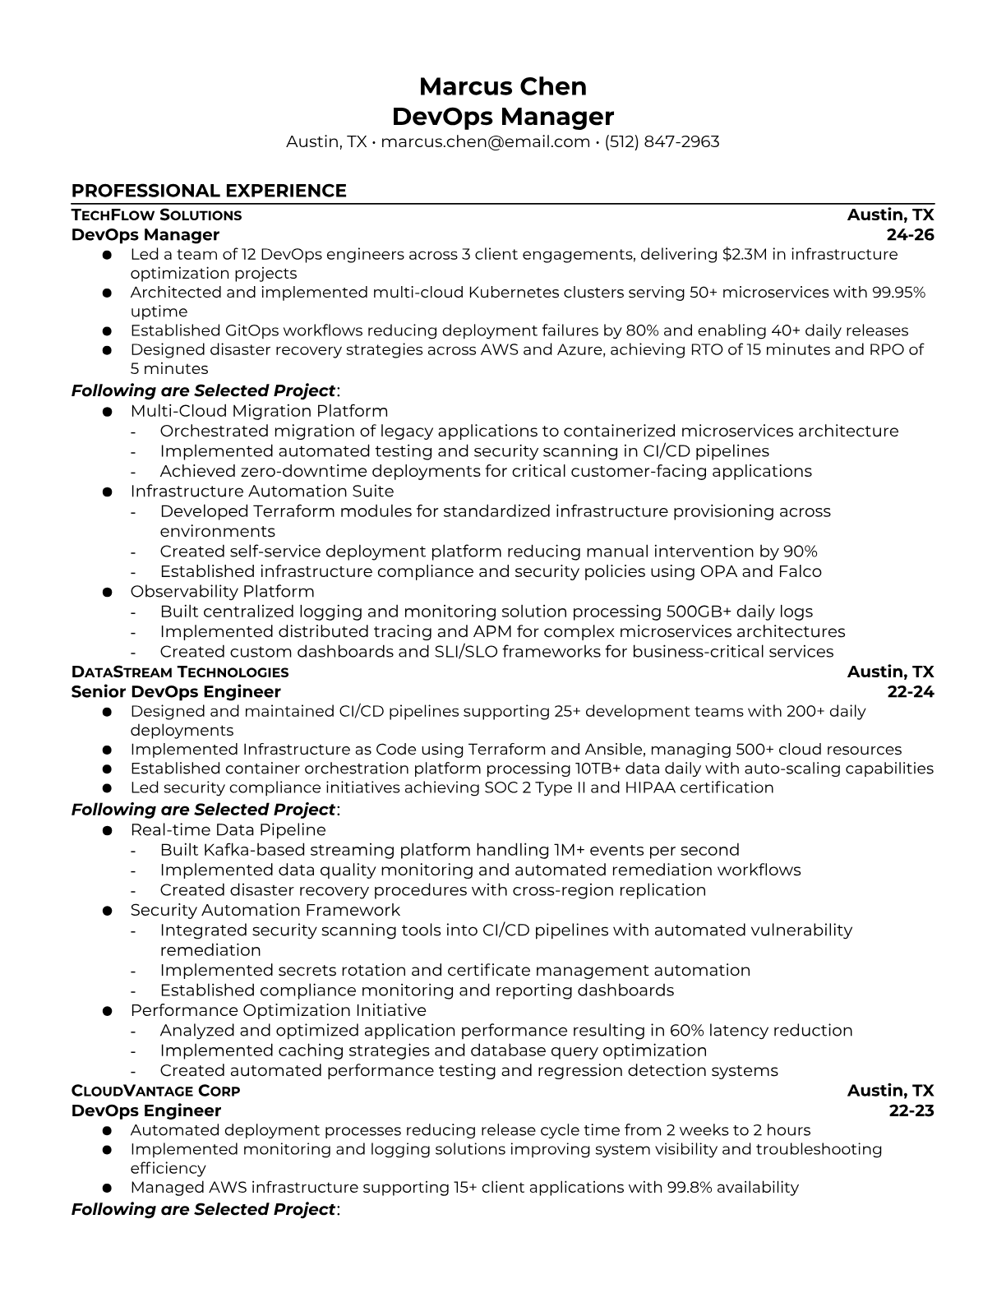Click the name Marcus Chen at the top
tap(502, 86)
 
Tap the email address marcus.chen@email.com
tap(485, 141)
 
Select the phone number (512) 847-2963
tap(662, 141)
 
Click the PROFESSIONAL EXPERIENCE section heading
tap(209, 191)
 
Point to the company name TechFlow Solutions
tap(156, 215)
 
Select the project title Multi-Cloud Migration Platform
tap(259, 411)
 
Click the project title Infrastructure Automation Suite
tap(262, 492)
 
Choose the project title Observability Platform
tap(222, 592)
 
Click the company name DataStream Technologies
tap(180, 672)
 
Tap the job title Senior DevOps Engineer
tap(176, 692)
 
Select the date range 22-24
tap(911, 692)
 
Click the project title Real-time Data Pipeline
tap(228, 830)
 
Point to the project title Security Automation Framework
tap(265, 910)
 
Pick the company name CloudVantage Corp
tap(155, 1091)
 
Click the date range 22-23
tap(911, 1110)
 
